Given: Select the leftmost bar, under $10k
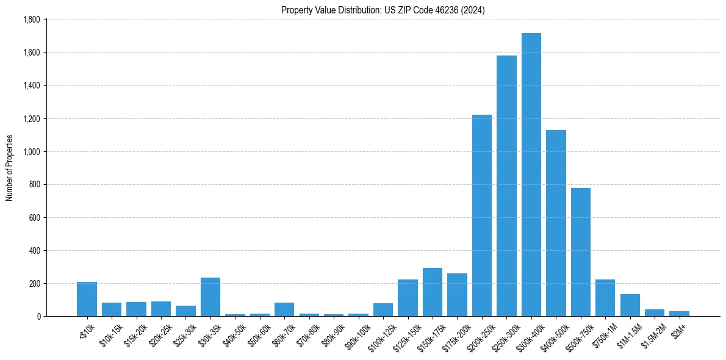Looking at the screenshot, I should pyautogui.click(x=87, y=299).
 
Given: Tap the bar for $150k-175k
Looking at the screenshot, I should pyautogui.click(x=433, y=292).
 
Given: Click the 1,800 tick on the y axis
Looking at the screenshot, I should pyautogui.click(x=31, y=20).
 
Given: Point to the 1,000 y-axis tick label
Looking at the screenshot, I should pyautogui.click(x=31, y=152).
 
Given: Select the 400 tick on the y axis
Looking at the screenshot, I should pyautogui.click(x=34, y=251).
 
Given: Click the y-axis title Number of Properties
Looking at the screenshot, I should pyautogui.click(x=9, y=168).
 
